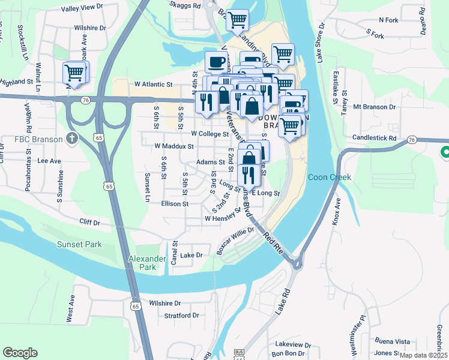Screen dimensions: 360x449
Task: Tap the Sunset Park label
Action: [x=79, y=244]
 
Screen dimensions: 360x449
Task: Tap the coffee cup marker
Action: [x=216, y=62]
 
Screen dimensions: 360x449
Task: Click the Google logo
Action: [x=20, y=353]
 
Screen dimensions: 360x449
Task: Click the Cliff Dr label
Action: [x=89, y=221]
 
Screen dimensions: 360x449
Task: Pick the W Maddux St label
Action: [x=173, y=146]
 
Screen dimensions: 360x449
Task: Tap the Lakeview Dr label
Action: [x=293, y=345]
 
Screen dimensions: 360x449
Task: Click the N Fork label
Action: [x=389, y=19]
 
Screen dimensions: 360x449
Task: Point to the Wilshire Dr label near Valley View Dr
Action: [x=90, y=28]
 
